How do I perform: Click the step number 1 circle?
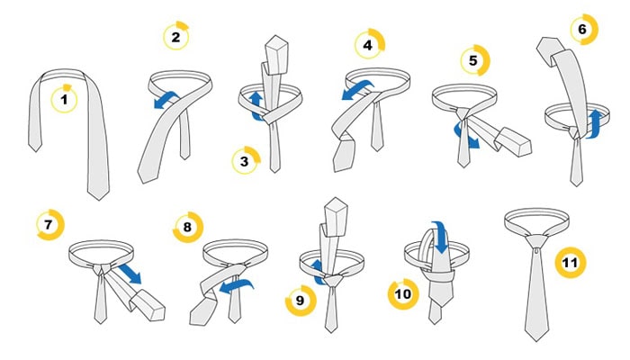pyautogui.click(x=64, y=98)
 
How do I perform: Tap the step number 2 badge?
pyautogui.click(x=176, y=36)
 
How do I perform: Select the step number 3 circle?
pyautogui.click(x=246, y=160)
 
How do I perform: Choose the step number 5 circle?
pyautogui.click(x=475, y=60)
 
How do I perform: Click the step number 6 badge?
pyautogui.click(x=584, y=29)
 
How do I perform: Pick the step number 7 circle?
pyautogui.click(x=50, y=225)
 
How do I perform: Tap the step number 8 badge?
pyautogui.click(x=187, y=227)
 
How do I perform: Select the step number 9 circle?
pyautogui.click(x=301, y=301)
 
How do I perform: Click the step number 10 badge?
pyautogui.click(x=403, y=294)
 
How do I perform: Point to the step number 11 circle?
pyautogui.click(x=571, y=263)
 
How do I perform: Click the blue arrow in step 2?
pyautogui.click(x=166, y=100)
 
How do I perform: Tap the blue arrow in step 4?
pyautogui.click(x=358, y=90)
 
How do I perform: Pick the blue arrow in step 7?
pyautogui.click(x=130, y=274)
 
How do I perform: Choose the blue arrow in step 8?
pyautogui.click(x=237, y=286)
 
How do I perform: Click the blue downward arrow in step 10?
pyautogui.click(x=442, y=237)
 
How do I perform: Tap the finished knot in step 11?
pyautogui.click(x=536, y=242)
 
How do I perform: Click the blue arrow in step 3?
pyautogui.click(x=256, y=105)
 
